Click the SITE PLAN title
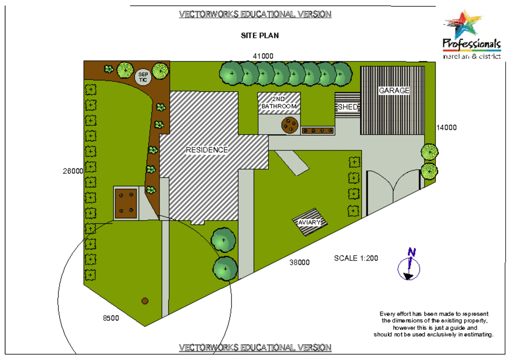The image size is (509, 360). (x=260, y=36)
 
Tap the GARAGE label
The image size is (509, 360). (x=394, y=91)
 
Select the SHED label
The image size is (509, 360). (x=348, y=107)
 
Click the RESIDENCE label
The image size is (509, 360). (x=207, y=150)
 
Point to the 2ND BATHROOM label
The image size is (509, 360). (x=279, y=102)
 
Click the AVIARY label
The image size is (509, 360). (x=309, y=223)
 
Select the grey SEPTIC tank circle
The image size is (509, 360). (x=143, y=77)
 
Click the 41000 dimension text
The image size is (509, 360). (x=263, y=56)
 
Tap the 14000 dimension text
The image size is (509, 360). (x=446, y=128)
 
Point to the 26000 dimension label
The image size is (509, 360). (x=73, y=171)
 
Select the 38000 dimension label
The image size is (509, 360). (x=299, y=262)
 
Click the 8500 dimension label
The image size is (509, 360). (x=111, y=318)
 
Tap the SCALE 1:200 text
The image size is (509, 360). (x=356, y=258)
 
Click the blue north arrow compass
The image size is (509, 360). (x=409, y=266)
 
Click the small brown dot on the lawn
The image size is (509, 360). (x=145, y=301)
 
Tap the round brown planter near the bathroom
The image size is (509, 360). (x=290, y=125)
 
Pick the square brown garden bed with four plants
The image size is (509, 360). (x=126, y=203)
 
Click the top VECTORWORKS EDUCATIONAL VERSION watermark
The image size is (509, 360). (x=255, y=14)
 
